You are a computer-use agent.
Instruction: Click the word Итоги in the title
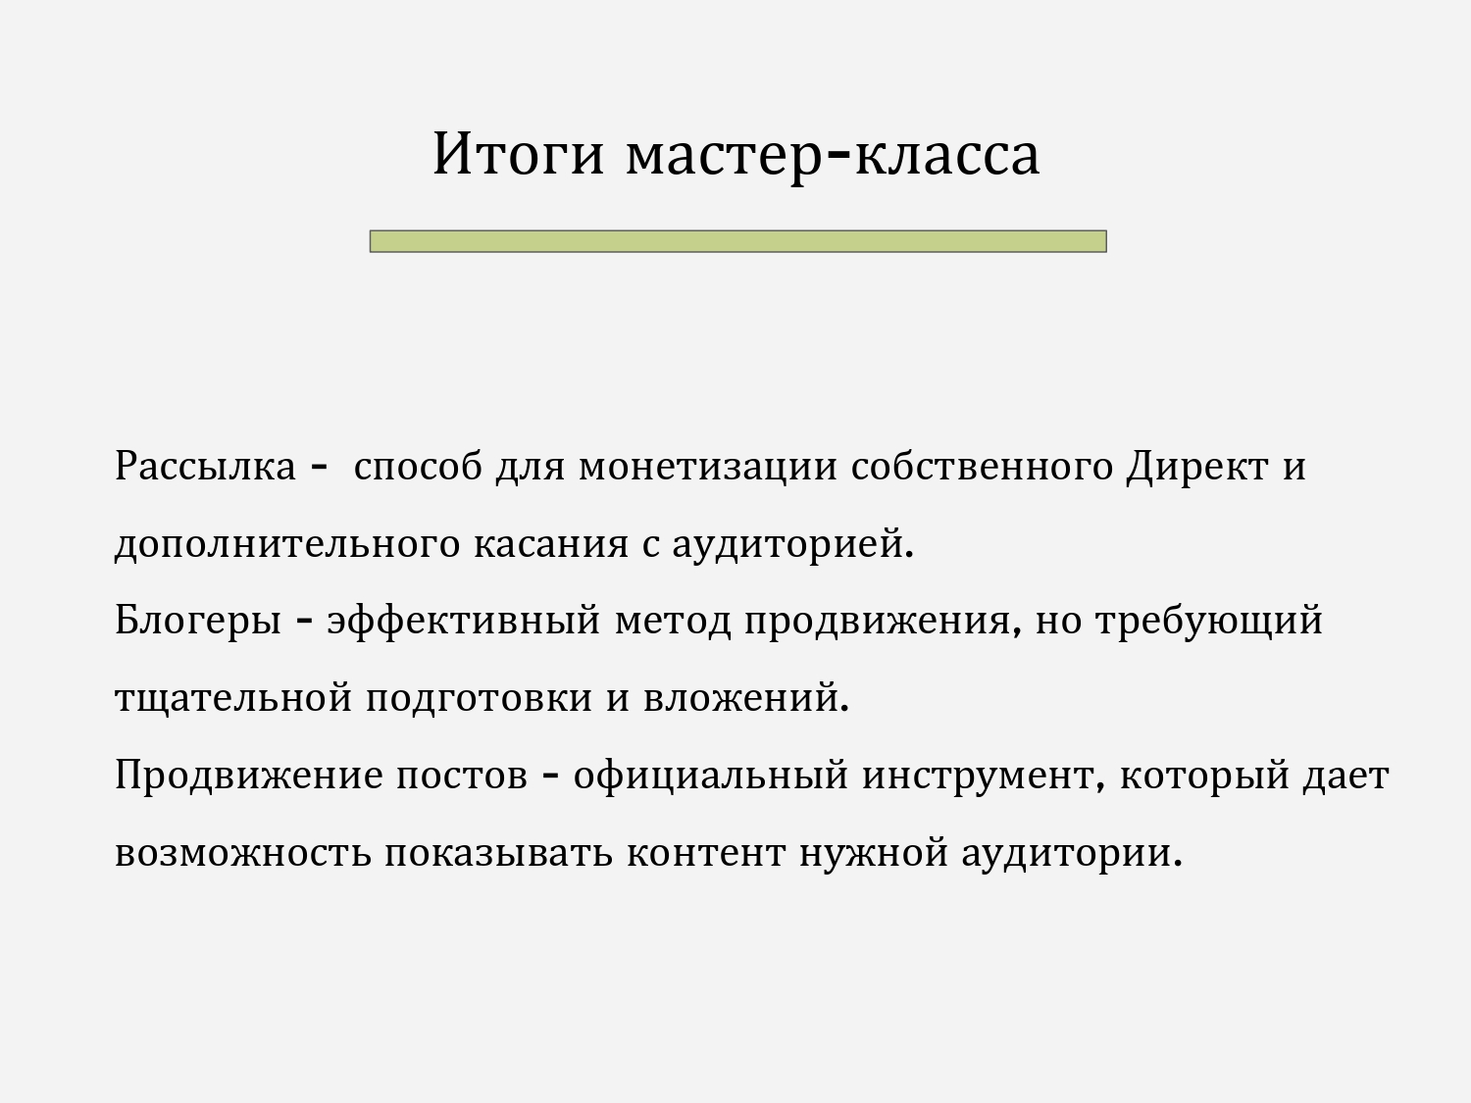tap(518, 154)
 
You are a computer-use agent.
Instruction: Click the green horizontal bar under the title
tap(737, 241)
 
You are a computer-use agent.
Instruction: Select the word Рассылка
tap(205, 466)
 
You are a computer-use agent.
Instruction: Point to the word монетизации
tap(708, 467)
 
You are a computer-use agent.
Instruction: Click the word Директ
tap(1197, 468)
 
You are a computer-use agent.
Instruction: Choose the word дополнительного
tap(287, 544)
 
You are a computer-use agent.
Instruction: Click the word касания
tap(551, 544)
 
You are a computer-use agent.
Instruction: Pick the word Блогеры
tap(198, 622)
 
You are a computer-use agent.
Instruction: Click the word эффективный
tap(463, 622)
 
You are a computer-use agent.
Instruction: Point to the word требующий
tap(1209, 622)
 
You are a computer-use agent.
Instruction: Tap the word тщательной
tap(233, 698)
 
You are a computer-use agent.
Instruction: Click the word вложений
tap(746, 696)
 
